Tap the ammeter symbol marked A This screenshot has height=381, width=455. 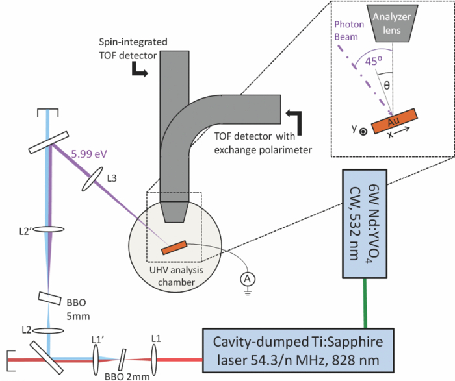tap(246, 278)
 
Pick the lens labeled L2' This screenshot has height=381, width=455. tap(49, 229)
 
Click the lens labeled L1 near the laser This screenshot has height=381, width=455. tap(155, 356)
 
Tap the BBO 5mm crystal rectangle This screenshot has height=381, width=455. tap(50, 297)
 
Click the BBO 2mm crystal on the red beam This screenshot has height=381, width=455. tap(122, 356)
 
